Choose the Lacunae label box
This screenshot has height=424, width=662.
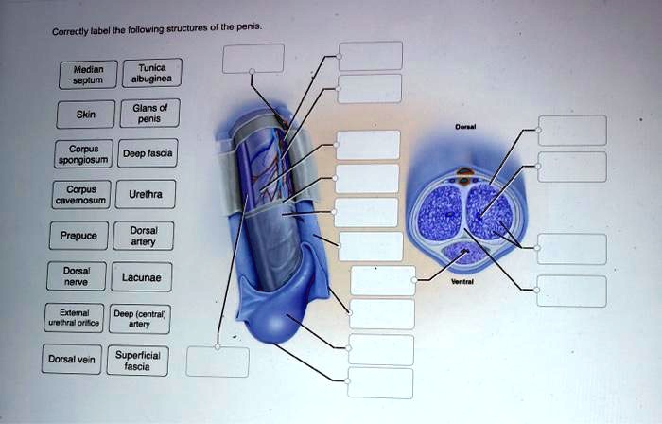[x=141, y=277]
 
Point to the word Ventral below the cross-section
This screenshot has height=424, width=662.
[x=463, y=282]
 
